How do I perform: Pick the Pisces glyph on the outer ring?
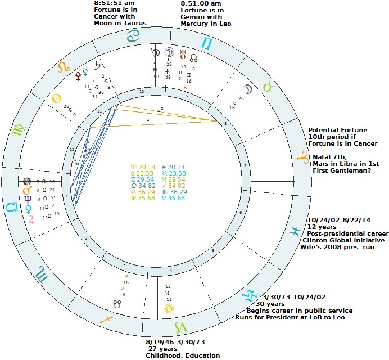pos(295,232)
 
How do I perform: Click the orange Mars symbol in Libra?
pos(26,191)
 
